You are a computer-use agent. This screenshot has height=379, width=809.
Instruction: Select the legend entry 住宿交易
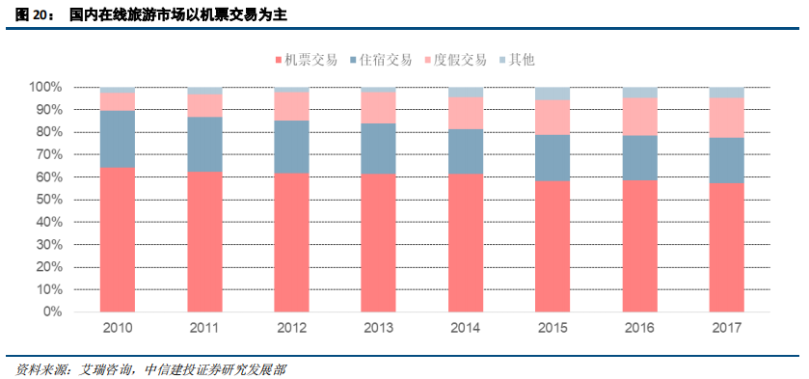click(x=386, y=60)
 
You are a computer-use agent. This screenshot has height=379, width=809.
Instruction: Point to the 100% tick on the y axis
click(x=44, y=87)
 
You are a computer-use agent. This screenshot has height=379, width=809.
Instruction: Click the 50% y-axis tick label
click(x=47, y=200)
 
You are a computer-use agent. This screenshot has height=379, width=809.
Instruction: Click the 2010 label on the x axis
click(x=117, y=328)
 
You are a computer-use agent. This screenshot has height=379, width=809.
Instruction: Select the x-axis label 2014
click(x=465, y=328)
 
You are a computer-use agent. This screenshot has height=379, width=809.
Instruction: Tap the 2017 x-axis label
click(x=725, y=328)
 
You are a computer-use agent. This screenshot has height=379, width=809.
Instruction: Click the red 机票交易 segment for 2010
click(x=117, y=240)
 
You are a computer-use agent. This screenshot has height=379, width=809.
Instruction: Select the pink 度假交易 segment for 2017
click(x=725, y=118)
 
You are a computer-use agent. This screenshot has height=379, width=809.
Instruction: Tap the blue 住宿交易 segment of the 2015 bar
click(x=552, y=157)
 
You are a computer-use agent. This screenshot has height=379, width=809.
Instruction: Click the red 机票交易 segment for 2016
click(x=638, y=246)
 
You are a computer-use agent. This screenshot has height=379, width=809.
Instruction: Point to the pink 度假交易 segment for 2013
click(x=378, y=107)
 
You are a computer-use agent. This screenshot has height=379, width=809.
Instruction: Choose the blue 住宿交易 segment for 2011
click(x=204, y=144)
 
